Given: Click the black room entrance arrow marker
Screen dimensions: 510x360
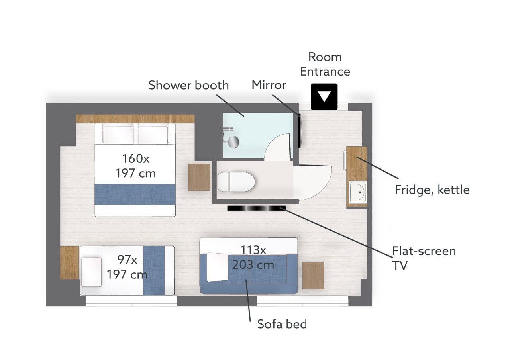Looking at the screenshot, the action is tap(324, 97).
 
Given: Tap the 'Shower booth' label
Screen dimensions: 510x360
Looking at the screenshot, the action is tap(188, 85).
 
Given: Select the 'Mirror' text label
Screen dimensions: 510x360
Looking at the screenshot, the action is tap(269, 85).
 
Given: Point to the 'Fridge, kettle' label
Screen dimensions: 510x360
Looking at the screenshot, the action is tap(432, 190).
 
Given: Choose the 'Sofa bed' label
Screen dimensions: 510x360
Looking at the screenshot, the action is tap(282, 324).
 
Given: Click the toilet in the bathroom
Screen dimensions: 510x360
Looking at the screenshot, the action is tap(236, 182).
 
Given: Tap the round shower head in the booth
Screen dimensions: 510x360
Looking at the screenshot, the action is tap(233, 142).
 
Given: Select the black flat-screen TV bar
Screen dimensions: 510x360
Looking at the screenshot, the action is tap(257, 208).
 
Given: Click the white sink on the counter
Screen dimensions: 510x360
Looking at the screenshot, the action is tap(358, 192).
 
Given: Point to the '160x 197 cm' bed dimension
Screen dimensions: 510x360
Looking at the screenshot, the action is tap(136, 166).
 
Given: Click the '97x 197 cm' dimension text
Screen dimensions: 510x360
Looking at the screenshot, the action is tap(127, 267).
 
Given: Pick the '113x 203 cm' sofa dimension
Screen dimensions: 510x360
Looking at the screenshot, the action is tap(253, 257).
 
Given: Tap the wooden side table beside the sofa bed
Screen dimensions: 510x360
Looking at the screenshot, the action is tap(313, 276).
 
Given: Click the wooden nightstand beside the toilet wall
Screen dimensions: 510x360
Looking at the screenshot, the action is tap(199, 177).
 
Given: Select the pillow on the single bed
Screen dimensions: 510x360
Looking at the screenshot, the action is tap(91, 272).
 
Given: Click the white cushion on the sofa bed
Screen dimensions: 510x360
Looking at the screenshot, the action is tap(218, 267).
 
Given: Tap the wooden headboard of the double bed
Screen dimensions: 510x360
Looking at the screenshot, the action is tap(135, 119).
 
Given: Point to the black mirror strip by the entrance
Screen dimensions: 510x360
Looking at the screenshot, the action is tap(300, 130).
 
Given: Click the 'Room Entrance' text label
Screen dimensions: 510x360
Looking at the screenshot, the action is tap(325, 64).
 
